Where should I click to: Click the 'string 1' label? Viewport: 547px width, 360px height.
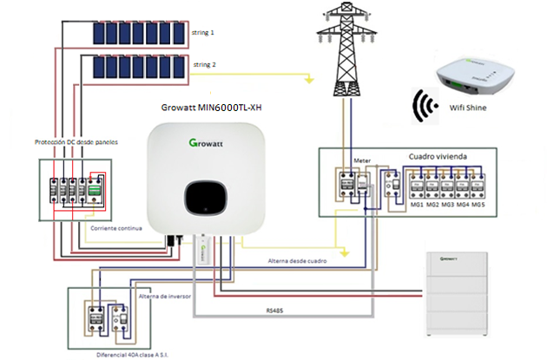203,33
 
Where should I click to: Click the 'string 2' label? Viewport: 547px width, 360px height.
203,65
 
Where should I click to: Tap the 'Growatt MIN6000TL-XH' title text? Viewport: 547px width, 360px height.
212,108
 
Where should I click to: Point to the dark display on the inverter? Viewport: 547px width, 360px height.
206,198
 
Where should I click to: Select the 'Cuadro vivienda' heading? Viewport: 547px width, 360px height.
438,156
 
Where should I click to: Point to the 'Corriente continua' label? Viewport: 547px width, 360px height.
117,228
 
